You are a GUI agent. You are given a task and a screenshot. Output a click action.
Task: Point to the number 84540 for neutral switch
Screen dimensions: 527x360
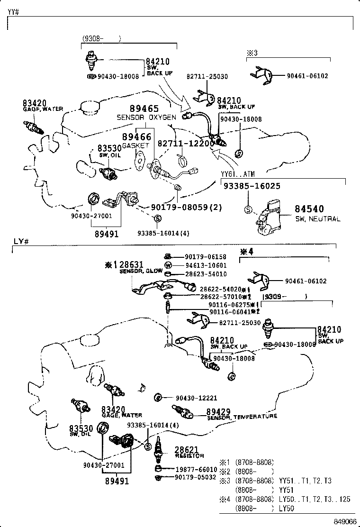click(309, 209)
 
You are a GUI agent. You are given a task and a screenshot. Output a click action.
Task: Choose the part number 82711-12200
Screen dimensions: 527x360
click(183, 143)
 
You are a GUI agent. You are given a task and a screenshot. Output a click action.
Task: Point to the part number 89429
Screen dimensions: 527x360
click(218, 411)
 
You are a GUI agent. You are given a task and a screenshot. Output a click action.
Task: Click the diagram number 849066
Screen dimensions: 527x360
click(345, 522)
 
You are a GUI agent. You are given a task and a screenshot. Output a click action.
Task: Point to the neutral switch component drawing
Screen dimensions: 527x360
click(268, 217)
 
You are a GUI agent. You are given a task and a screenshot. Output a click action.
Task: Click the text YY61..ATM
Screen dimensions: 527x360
click(238, 174)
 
